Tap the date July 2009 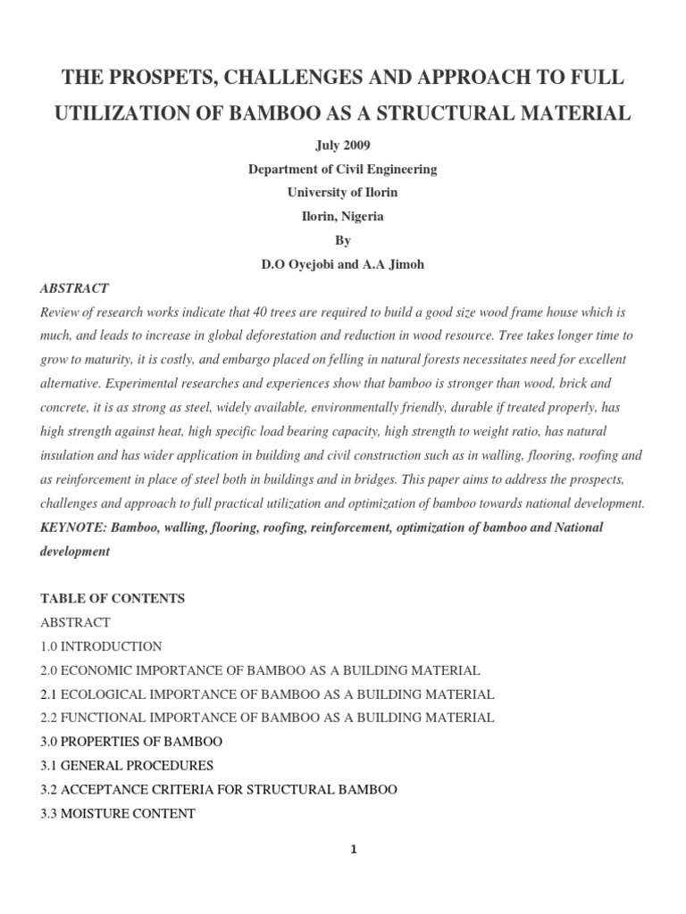coord(343,145)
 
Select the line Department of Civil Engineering coord(343,169)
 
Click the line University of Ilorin coord(343,192)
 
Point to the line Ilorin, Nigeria coord(343,216)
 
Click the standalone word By coord(343,240)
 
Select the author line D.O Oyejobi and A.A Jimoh coord(343,264)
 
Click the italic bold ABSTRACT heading coord(75,288)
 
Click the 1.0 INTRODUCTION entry coord(101,646)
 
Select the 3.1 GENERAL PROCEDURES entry coord(127,766)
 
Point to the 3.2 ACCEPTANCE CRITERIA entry coord(219,790)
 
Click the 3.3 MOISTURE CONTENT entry coord(118,813)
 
